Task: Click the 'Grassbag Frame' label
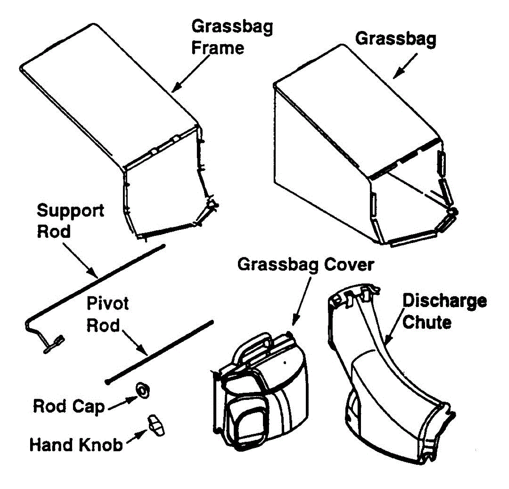click(232, 37)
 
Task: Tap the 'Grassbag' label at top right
click(395, 39)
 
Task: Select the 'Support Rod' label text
click(70, 221)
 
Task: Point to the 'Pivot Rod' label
click(108, 314)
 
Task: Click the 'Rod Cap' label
click(69, 406)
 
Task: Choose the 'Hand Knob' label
click(76, 445)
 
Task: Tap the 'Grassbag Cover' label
click(305, 265)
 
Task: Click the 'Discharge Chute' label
click(444, 311)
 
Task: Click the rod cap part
click(143, 390)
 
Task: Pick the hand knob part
click(156, 425)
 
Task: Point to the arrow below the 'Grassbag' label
click(405, 66)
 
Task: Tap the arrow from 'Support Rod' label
click(81, 260)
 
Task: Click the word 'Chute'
click(426, 322)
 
